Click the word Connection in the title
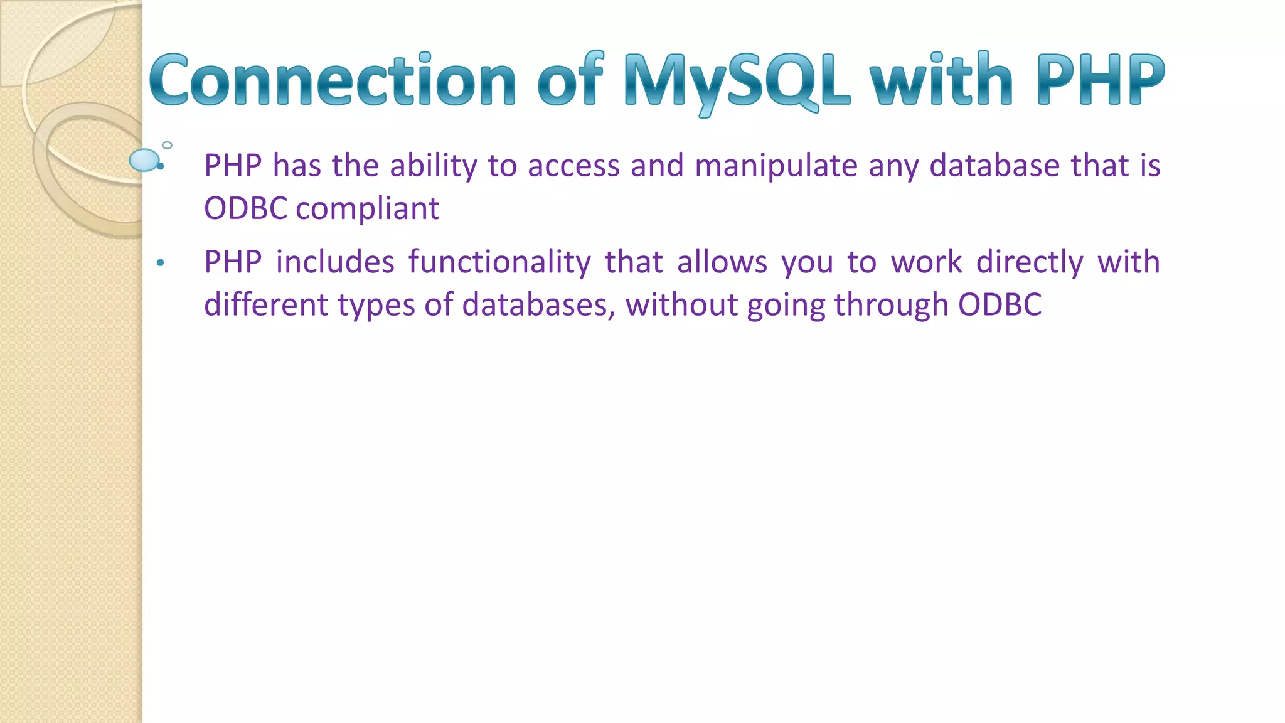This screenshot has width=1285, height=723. [333, 80]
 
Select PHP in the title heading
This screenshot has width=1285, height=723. [1101, 80]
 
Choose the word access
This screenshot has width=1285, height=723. [573, 166]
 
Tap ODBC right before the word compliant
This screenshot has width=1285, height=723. [245, 208]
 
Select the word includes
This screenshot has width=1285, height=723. [335, 262]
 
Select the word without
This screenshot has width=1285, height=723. [680, 305]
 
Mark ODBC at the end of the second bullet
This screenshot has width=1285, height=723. [1000, 305]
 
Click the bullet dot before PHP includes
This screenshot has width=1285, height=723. [161, 263]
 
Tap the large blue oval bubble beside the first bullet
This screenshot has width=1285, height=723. [144, 160]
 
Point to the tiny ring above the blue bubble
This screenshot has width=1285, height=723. [167, 145]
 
